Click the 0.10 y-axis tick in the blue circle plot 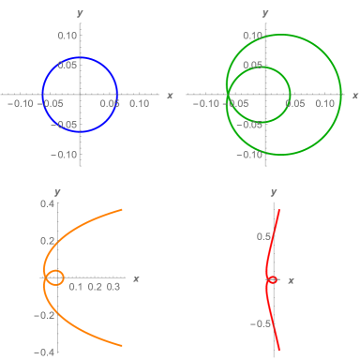(67, 35)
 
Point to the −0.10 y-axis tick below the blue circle (65, 154)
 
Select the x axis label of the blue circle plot (170, 96)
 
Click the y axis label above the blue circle (81, 13)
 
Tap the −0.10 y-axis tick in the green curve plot (249, 154)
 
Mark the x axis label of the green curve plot (353, 96)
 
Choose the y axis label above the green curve (265, 13)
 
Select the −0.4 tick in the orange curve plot (47, 352)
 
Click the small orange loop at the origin (54, 277)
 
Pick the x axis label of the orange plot (137, 278)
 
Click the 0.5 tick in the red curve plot (264, 236)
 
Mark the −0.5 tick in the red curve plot (262, 323)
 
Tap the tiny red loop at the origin (272, 279)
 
